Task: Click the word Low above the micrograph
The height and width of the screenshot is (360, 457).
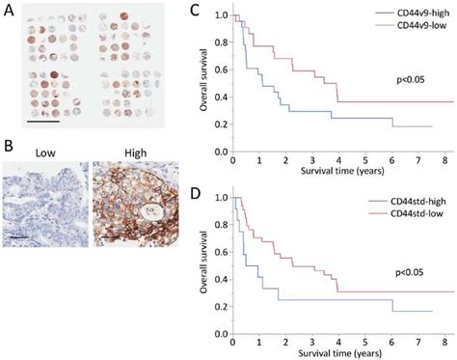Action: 45,152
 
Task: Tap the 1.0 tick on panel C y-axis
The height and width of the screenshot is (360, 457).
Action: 222,16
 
